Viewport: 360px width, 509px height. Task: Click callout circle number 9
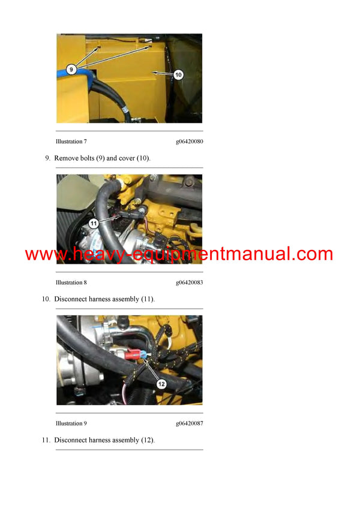(71, 70)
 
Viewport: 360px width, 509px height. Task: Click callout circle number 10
(178, 74)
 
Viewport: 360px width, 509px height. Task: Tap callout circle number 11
(93, 223)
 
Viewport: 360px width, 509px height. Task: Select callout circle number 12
(161, 383)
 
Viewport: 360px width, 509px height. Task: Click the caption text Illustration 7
(71, 141)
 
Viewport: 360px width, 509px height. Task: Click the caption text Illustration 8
(71, 282)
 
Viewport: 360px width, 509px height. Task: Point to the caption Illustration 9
(71, 423)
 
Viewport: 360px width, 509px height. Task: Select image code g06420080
(189, 141)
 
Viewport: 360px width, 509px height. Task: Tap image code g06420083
(189, 282)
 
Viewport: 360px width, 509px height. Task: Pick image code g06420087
(189, 423)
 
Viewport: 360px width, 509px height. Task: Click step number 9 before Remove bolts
(47, 158)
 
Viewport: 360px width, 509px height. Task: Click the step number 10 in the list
(46, 299)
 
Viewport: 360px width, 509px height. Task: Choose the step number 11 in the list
(46, 440)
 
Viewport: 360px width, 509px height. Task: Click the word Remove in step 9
(67, 158)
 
